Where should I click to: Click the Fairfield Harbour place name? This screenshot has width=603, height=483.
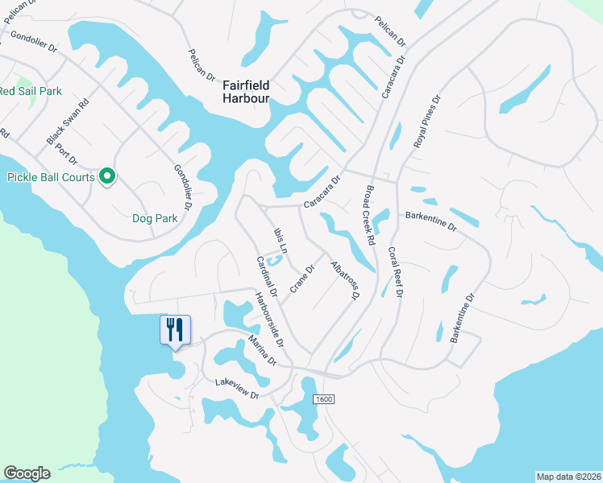coord(246,92)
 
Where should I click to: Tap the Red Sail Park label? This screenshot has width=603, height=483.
coord(30,91)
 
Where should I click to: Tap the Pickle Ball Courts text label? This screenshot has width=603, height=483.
coord(51,177)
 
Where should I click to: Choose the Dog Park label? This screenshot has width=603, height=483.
coord(155,217)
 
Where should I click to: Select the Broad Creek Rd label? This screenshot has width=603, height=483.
coord(368,216)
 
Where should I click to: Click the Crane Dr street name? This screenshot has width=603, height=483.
coord(301,279)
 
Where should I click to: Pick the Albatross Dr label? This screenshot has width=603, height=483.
coord(344,279)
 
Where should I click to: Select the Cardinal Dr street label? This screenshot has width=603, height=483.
coord(267,275)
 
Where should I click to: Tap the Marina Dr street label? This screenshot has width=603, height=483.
coord(268,350)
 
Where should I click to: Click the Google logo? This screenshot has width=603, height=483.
coord(27,473)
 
